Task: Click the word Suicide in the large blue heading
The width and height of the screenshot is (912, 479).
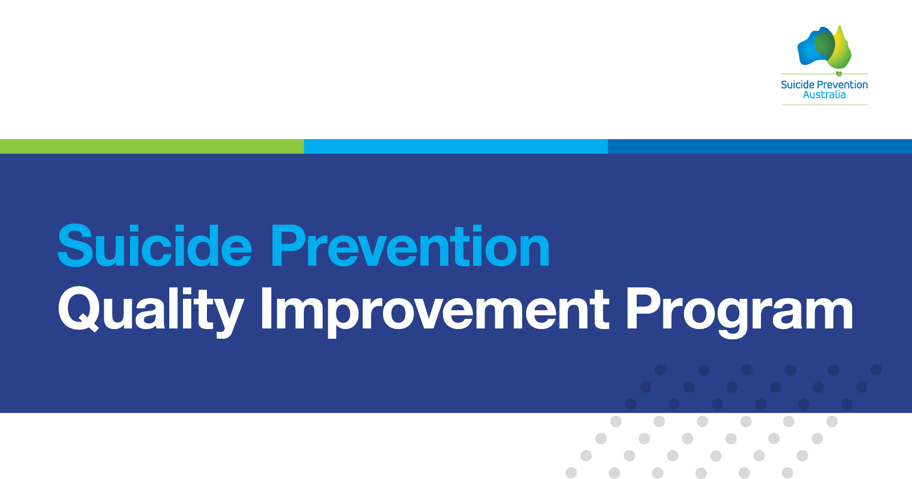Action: pyautogui.click(x=155, y=246)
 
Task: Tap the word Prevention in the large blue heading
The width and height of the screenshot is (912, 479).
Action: pyautogui.click(x=410, y=246)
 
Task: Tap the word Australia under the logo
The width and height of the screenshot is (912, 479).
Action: pyautogui.click(x=824, y=95)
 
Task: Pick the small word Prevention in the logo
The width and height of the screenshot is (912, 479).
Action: pyautogui.click(x=842, y=85)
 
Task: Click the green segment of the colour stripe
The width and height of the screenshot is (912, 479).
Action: pyautogui.click(x=152, y=146)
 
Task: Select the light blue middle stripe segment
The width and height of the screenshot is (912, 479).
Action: pyautogui.click(x=456, y=146)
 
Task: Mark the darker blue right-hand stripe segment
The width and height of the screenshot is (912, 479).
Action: pyautogui.click(x=760, y=146)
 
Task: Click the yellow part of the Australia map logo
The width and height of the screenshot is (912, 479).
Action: pyautogui.click(x=844, y=49)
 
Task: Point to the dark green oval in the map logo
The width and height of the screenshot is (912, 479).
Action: pyautogui.click(x=825, y=46)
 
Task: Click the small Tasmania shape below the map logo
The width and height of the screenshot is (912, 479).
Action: pyautogui.click(x=838, y=74)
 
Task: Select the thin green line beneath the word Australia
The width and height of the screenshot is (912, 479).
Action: pyautogui.click(x=824, y=105)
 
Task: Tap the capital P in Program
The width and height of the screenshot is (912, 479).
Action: pyautogui.click(x=642, y=308)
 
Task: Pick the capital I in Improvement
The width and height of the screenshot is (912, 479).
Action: pyautogui.click(x=266, y=308)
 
